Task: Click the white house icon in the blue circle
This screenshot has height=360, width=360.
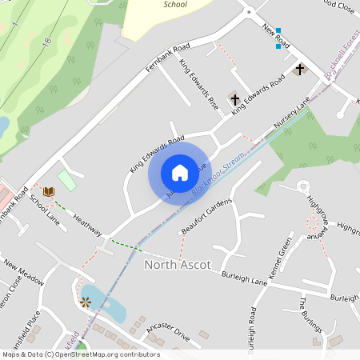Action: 179,172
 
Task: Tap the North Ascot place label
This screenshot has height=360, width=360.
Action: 177,265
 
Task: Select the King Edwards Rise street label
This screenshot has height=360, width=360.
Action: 199,84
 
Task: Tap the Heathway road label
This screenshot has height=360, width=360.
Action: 87,224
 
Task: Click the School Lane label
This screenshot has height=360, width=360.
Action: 44,207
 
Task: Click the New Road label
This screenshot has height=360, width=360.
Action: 275,36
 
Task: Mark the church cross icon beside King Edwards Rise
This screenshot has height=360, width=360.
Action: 235,99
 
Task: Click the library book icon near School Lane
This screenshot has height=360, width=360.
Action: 49,192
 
